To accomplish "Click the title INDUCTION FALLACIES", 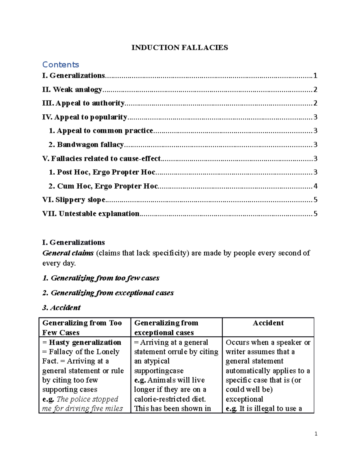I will [179, 47].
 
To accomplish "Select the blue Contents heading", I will [61, 65].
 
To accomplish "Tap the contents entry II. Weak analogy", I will [72, 89].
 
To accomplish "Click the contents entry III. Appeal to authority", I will [83, 103].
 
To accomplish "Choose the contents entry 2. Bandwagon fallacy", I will [86, 145].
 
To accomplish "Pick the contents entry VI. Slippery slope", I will [74, 200].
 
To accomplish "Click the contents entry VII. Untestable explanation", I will [91, 214].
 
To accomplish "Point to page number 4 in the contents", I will [315, 186].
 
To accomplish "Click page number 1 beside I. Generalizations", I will [315, 76].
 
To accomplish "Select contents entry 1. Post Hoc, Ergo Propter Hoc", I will [102, 172].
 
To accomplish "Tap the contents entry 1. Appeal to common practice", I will [101, 131].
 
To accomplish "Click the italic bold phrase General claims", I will [68, 253].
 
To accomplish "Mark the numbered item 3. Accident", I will [61, 308].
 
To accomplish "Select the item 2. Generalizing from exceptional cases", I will [108, 293].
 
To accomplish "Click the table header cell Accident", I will [268, 323].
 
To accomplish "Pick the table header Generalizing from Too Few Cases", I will [82, 327].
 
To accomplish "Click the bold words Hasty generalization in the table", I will [85, 342].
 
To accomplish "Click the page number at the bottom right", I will [316, 434].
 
